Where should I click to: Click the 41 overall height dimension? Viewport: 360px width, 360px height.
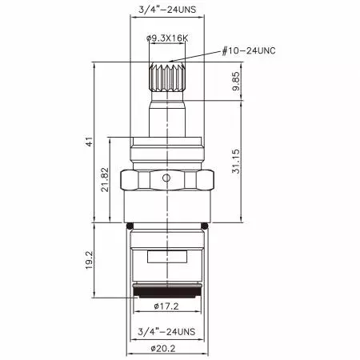point(91,142)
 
